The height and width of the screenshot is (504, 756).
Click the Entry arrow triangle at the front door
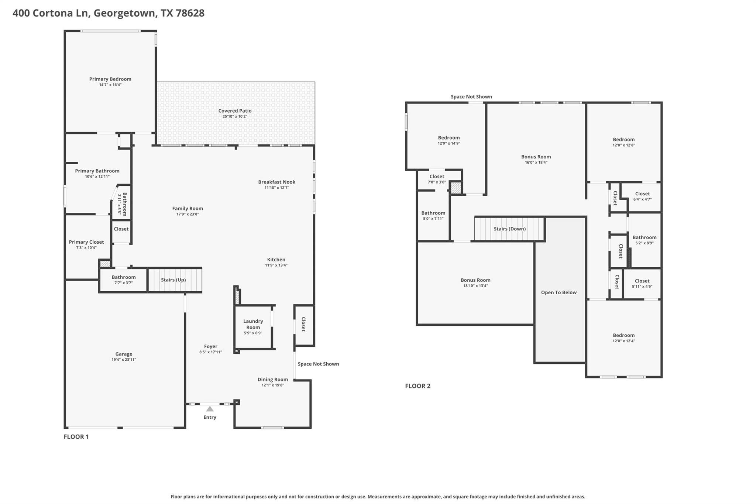[210, 409]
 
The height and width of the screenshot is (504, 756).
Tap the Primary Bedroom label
[110, 79]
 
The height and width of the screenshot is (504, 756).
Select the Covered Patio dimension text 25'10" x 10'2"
[235, 116]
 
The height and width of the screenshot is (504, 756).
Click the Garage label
[124, 354]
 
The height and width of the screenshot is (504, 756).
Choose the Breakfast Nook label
[276, 182]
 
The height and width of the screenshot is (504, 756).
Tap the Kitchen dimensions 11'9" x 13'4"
[276, 265]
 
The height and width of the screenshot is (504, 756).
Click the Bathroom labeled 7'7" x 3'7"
[124, 280]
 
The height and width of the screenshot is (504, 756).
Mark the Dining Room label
[272, 379]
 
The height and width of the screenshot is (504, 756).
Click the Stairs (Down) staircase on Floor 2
[509, 229]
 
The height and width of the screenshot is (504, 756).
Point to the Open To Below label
[559, 292]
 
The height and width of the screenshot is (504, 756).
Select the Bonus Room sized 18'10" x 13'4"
[475, 282]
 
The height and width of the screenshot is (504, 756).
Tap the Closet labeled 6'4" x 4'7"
[642, 196]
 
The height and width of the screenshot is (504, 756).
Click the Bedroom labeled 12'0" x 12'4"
[623, 338]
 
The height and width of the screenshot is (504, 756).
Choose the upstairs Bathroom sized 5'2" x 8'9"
[644, 240]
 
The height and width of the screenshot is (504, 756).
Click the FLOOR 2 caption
[417, 386]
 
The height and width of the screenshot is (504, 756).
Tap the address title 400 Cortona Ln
[108, 13]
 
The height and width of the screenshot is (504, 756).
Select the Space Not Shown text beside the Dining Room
[318, 364]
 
